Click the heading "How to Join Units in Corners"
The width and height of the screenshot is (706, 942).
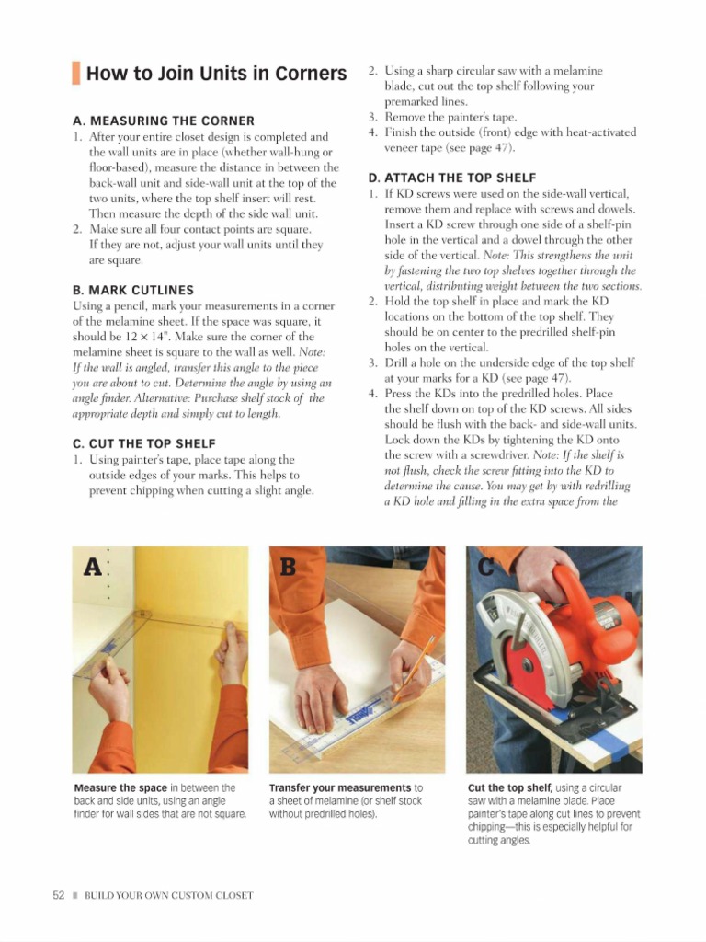tap(216, 74)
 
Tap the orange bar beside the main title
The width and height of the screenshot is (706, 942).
tap(77, 74)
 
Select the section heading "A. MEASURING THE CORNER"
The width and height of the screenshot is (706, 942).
tap(163, 121)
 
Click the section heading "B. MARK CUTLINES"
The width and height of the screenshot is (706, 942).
tap(132, 290)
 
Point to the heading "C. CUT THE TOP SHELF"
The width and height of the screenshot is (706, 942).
tap(143, 443)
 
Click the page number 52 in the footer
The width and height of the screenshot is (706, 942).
tap(57, 895)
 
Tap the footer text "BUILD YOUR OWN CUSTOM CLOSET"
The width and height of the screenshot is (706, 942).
tap(168, 895)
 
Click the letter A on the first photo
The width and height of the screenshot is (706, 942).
tap(92, 568)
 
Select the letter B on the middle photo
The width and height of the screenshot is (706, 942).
tap(288, 568)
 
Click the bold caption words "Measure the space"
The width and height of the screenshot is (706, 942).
tap(120, 788)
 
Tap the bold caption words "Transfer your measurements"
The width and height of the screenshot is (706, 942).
tap(339, 788)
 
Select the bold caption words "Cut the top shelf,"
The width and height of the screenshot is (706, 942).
tap(509, 788)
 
